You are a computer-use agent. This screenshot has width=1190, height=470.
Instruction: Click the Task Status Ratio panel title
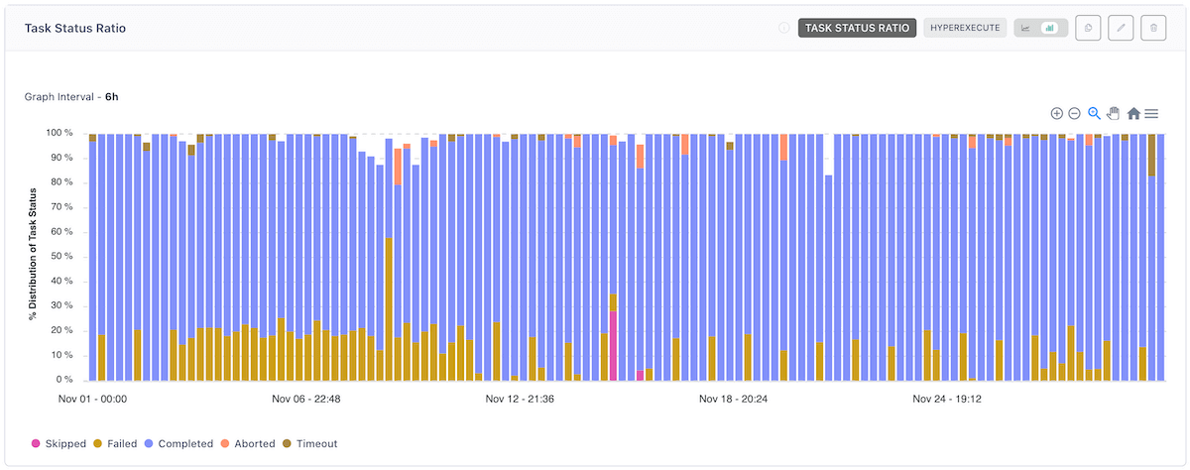(75, 28)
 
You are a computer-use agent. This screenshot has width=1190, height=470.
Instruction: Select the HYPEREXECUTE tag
(965, 28)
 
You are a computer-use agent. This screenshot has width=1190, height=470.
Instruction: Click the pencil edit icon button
(1121, 28)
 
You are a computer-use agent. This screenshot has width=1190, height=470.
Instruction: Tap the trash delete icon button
(1153, 28)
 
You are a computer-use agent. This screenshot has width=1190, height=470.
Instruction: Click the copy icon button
(1088, 28)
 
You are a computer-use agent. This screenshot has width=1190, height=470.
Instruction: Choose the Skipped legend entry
(59, 443)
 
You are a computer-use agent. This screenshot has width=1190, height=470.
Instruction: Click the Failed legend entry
(115, 443)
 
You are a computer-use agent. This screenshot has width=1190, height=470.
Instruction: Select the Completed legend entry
(178, 443)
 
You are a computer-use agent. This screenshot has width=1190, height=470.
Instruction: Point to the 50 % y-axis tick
(60, 256)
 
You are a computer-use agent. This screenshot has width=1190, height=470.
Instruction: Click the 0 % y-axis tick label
(63, 380)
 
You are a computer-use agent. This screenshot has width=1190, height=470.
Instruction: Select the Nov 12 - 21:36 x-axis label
(520, 400)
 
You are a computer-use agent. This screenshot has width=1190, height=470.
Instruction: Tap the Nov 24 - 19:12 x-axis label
(947, 400)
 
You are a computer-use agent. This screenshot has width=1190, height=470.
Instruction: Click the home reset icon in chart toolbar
(1133, 114)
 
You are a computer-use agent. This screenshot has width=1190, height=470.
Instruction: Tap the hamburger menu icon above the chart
(1151, 114)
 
